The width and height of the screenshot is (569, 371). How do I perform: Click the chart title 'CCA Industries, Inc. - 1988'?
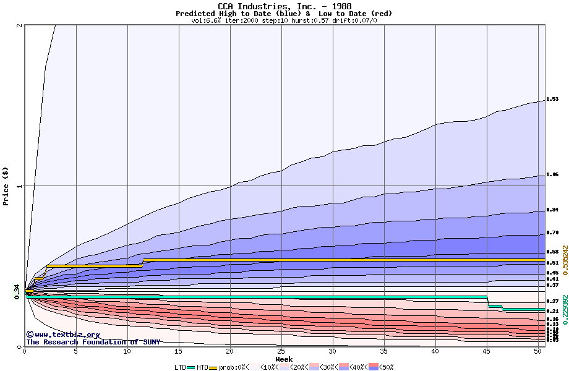[x=284, y=6]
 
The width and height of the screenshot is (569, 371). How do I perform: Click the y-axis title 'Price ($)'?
[x=6, y=186]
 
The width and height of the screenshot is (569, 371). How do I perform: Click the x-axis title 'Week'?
[x=284, y=359]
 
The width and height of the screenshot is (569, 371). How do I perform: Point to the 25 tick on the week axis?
[x=281, y=352]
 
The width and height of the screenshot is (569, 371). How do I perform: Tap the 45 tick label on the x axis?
[x=487, y=352]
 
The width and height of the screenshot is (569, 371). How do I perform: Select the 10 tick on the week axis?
[x=127, y=352]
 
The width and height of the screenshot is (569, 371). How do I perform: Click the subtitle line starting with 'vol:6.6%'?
[x=284, y=20]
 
